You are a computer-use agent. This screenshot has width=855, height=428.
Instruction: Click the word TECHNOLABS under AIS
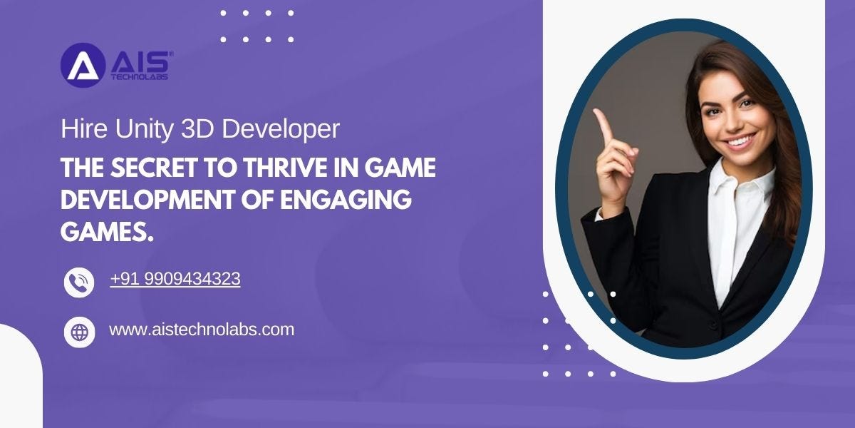tap(140, 77)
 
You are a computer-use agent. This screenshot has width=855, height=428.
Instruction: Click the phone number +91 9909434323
tap(175, 280)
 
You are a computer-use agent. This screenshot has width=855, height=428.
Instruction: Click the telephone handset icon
tap(79, 282)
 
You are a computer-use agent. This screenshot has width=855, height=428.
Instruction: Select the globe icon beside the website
tap(79, 332)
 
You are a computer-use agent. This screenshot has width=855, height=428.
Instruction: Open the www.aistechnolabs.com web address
tap(201, 330)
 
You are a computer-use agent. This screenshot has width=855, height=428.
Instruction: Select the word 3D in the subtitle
tap(197, 129)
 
